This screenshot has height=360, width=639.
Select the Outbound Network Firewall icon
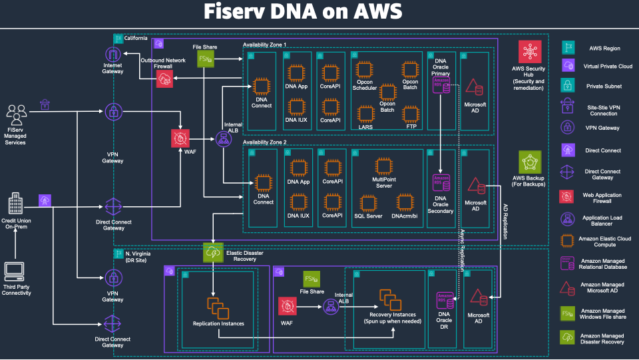click(164, 79)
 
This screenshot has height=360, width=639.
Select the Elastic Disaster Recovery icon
click(213, 253)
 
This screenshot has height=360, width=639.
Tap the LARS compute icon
click(365, 113)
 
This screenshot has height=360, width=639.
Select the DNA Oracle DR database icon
click(444, 301)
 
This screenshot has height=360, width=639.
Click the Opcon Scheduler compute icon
click(363, 70)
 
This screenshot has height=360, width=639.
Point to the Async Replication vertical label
click(463, 249)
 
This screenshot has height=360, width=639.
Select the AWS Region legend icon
click(569, 47)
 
